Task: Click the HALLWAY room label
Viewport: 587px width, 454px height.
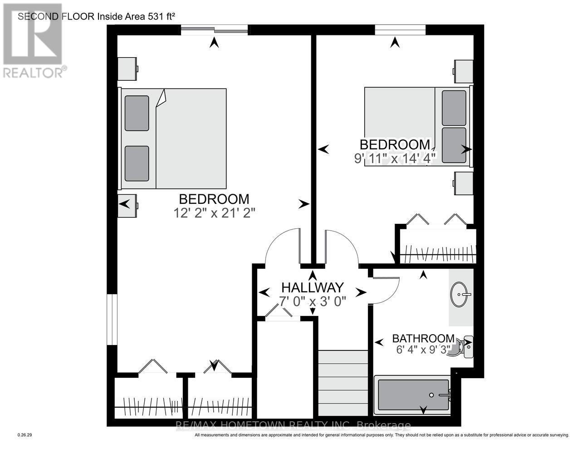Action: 313,287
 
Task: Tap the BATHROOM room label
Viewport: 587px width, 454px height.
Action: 423,338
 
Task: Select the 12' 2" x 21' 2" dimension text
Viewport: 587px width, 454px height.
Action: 215,213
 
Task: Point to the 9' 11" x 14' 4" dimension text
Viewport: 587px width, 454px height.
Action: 395,158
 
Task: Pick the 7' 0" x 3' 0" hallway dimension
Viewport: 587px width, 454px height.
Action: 313,301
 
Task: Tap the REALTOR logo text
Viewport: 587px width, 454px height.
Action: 34,72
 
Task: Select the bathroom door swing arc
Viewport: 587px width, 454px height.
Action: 386,291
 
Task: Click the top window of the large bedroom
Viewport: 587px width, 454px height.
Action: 215,30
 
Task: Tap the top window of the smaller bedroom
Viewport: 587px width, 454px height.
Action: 400,30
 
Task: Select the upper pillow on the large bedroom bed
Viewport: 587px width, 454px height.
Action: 137,113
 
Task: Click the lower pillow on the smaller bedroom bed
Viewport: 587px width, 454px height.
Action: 454,145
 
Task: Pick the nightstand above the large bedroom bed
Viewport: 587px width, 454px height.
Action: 127,69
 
